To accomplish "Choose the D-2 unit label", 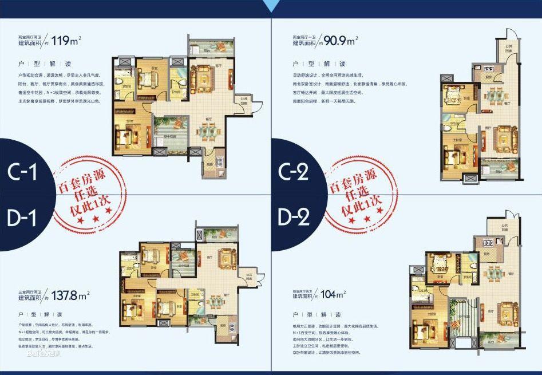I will (x=296, y=218).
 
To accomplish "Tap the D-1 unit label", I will (x=22, y=218).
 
